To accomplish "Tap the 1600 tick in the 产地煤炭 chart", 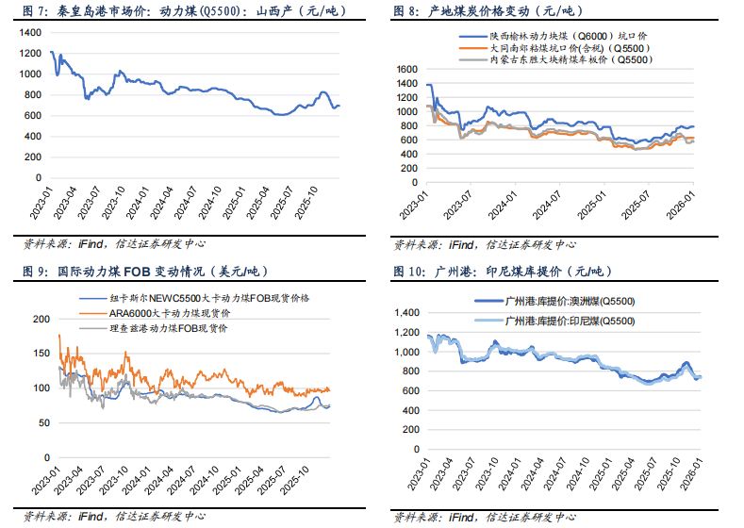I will click(x=406, y=69).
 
